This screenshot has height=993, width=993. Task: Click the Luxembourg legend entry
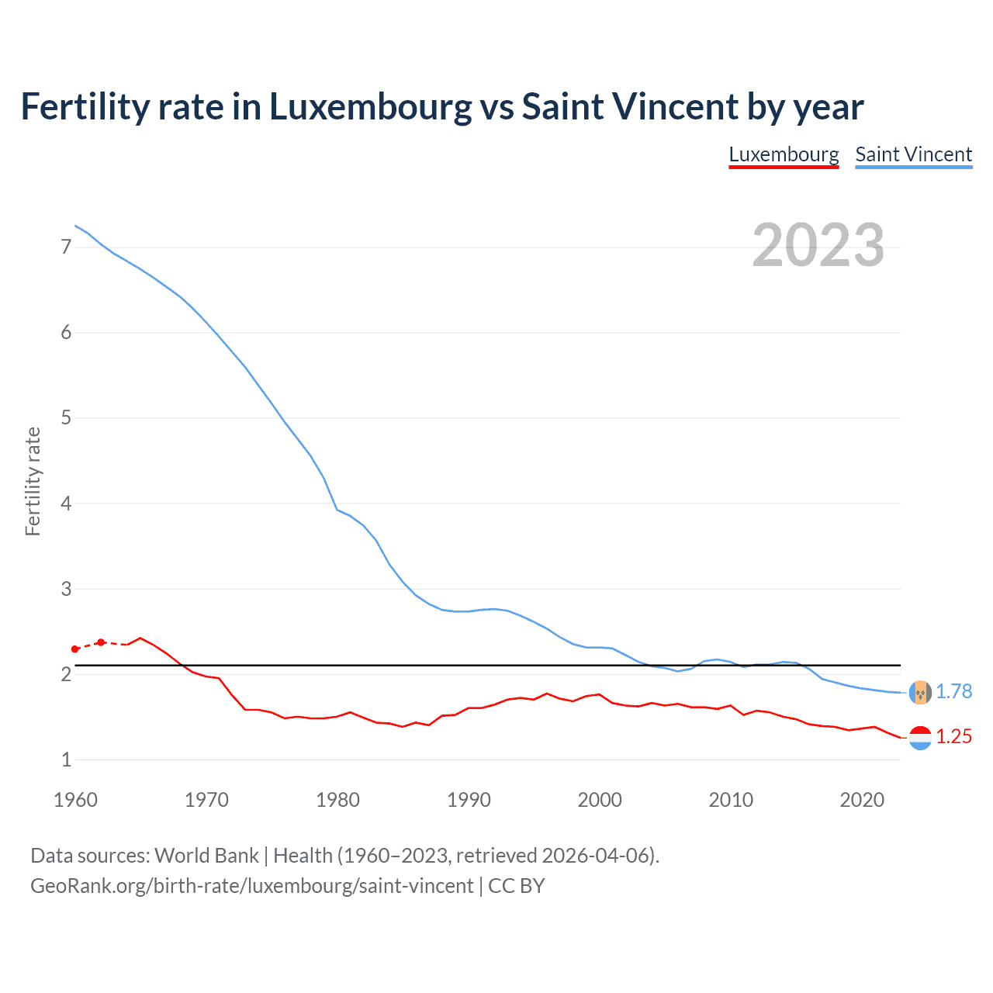[x=784, y=154]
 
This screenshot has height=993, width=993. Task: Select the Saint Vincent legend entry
[x=913, y=154]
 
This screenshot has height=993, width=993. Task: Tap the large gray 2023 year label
[x=818, y=245]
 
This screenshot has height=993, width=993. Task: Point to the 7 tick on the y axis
[x=66, y=247]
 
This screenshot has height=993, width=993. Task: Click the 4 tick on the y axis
[x=66, y=503]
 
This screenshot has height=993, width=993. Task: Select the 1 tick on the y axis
[x=66, y=759]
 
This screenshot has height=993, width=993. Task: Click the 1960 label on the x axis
[x=75, y=800]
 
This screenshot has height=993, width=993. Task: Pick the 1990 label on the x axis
[x=469, y=800]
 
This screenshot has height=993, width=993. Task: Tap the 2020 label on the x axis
[x=862, y=800]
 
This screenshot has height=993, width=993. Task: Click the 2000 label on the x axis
[x=600, y=800]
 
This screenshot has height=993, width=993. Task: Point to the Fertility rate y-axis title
[x=33, y=481]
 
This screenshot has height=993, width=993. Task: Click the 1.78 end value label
[x=953, y=691]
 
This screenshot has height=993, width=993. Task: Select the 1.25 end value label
[x=953, y=736]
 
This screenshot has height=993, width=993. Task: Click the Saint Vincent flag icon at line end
[x=920, y=692]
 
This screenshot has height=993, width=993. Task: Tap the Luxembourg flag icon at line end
[x=920, y=738]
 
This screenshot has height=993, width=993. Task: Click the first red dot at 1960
[x=75, y=649]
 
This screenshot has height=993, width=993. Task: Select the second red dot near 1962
[x=101, y=642]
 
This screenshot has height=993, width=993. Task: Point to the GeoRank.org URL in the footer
[x=252, y=886]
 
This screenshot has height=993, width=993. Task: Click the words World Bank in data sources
[x=206, y=856]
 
